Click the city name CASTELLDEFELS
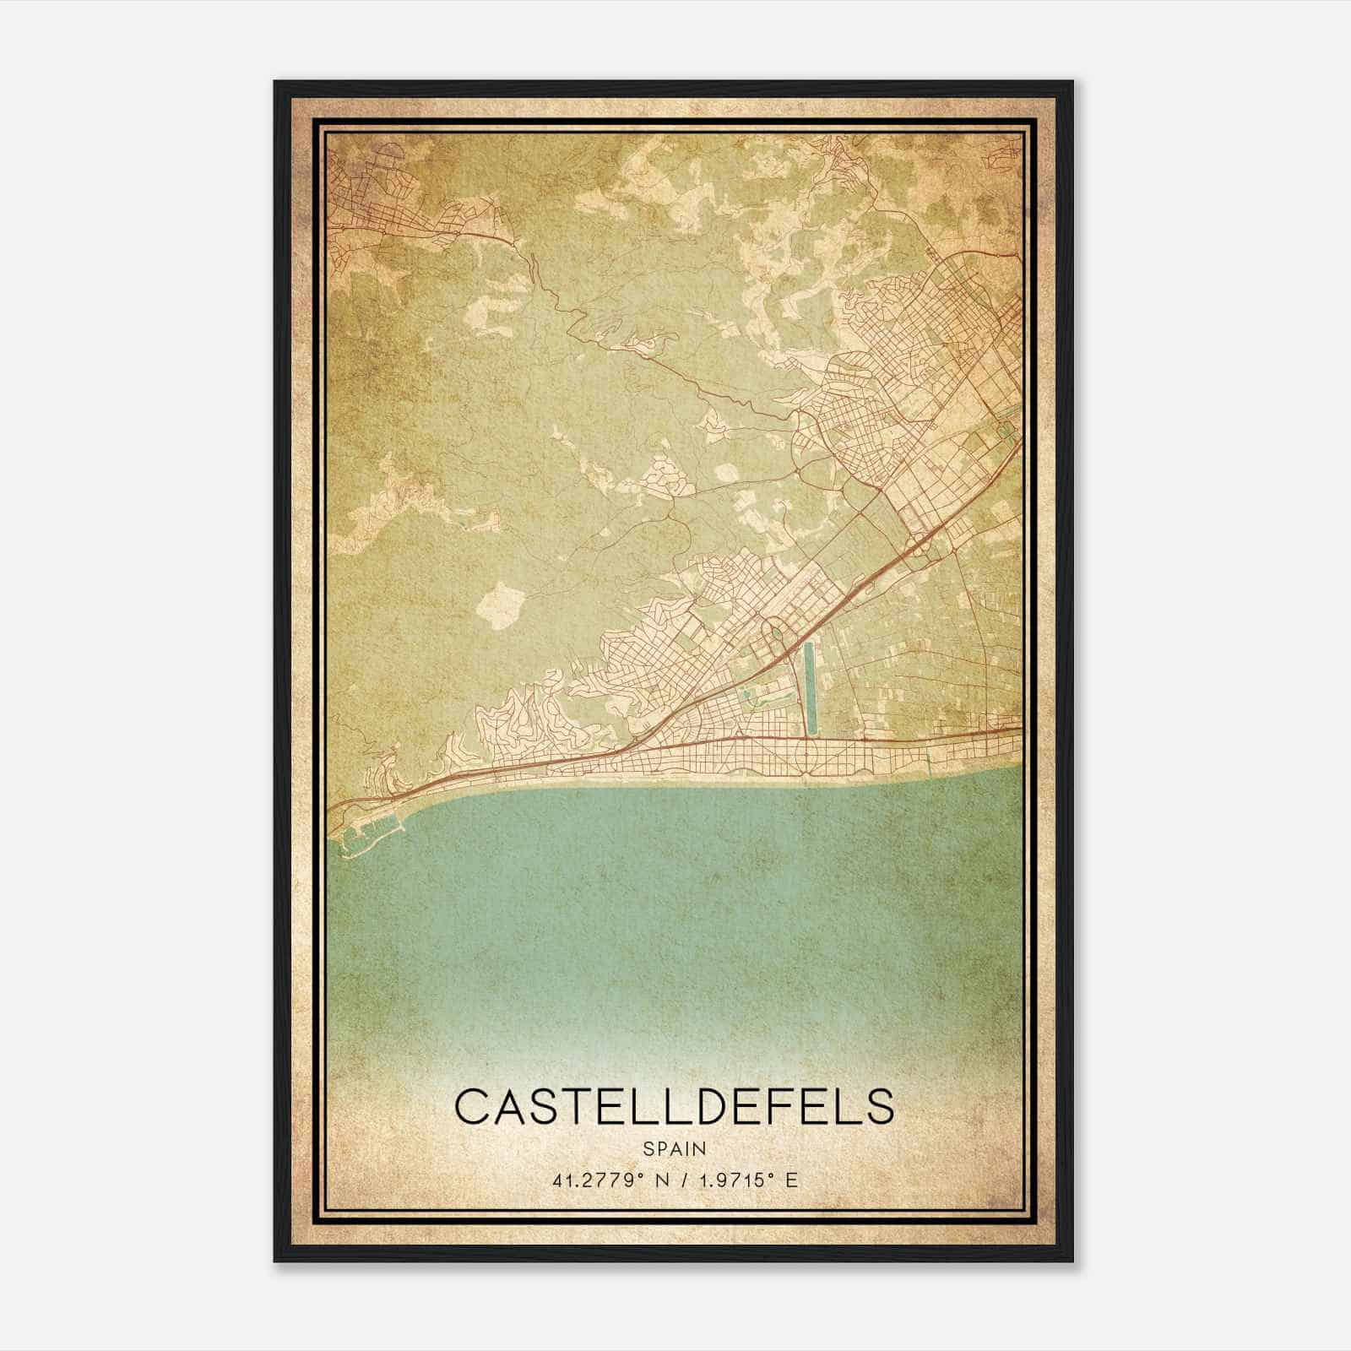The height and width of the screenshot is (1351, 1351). click(674, 1107)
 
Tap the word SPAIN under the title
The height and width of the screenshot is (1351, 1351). click(674, 1148)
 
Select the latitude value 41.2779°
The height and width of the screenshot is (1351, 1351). click(594, 1180)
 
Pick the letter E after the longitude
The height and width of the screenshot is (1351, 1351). click(790, 1180)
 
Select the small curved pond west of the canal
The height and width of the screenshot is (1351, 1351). click(748, 697)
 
